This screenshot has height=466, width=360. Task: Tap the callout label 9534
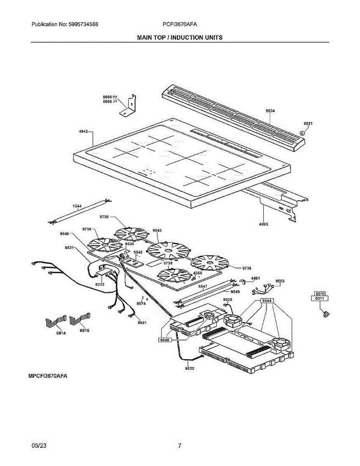(270, 111)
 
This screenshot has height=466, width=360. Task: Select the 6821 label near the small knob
(308, 123)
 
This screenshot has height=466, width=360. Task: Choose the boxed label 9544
(266, 301)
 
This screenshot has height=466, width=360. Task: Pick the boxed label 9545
(165, 340)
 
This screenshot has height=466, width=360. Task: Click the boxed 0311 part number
(319, 298)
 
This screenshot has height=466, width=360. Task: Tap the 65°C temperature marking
(320, 293)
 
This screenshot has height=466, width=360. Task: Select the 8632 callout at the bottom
(189, 368)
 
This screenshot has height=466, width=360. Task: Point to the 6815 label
(84, 330)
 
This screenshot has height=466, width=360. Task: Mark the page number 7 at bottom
(180, 446)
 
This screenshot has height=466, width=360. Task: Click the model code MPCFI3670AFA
(48, 376)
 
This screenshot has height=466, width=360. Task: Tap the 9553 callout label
(280, 280)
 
